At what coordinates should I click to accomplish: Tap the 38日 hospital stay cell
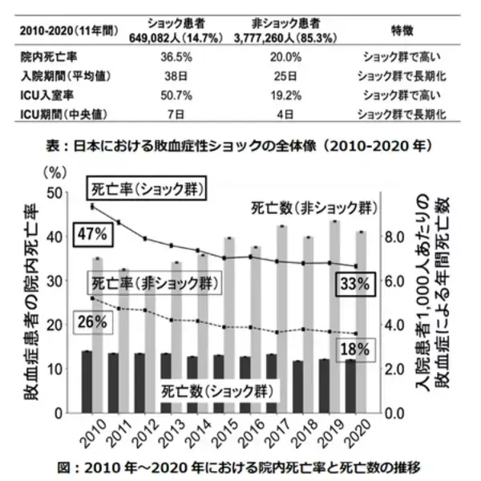(174, 77)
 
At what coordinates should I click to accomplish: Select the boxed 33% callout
(351, 284)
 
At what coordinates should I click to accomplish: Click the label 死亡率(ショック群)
(145, 189)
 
